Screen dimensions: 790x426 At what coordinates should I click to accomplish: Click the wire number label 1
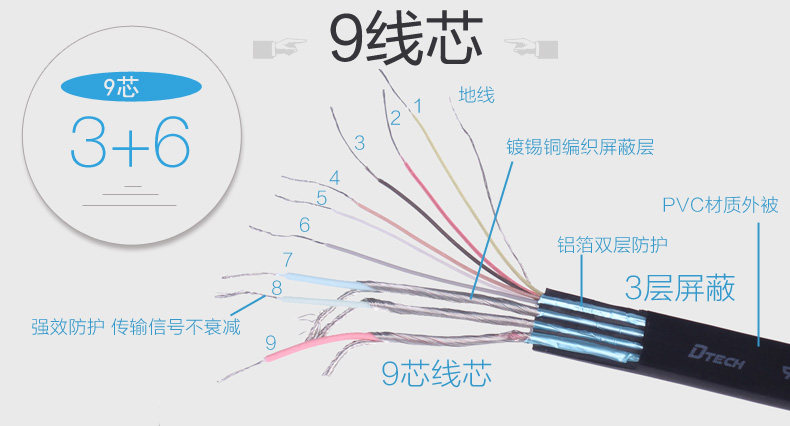point(417,105)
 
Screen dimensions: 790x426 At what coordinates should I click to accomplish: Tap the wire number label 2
point(395,118)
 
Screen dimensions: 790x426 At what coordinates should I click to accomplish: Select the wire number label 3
point(360,143)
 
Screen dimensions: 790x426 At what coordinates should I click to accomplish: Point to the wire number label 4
point(334,178)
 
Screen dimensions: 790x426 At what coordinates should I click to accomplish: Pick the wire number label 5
point(321,198)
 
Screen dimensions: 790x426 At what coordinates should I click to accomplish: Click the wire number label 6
point(304,225)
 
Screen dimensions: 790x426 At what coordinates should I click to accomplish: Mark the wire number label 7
point(287,260)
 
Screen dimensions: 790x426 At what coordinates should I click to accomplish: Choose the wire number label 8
point(276,289)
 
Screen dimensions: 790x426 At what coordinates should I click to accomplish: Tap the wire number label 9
point(270,343)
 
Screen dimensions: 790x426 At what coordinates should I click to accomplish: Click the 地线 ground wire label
point(476,96)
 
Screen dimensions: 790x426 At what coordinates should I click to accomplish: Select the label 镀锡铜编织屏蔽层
point(579,148)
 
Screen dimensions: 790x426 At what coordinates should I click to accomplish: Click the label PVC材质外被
point(720,206)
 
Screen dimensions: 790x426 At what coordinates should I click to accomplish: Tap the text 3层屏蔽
point(680,288)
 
